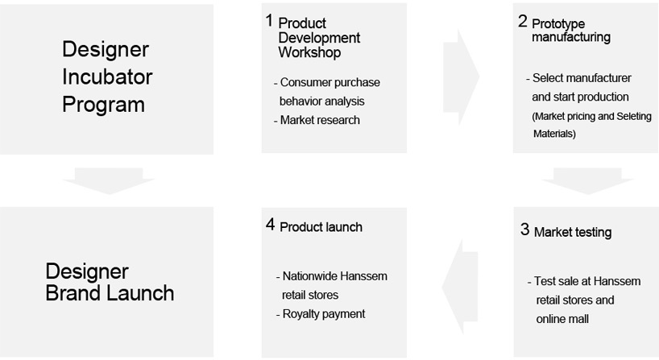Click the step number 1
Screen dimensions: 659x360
click(269, 20)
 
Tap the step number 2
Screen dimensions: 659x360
click(522, 21)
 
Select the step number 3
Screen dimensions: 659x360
click(524, 230)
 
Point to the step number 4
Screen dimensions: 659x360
click(270, 225)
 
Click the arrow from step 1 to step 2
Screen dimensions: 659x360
click(461, 77)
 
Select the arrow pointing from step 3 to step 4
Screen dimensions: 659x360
click(460, 287)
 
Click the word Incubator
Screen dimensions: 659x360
click(107, 77)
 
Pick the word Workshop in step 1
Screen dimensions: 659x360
click(309, 52)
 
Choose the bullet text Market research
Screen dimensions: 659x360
click(320, 120)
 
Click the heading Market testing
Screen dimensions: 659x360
click(573, 232)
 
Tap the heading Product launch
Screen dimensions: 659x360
click(321, 227)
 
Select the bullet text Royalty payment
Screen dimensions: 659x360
click(324, 314)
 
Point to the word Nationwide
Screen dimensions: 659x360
click(309, 276)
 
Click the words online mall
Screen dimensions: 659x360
click(562, 319)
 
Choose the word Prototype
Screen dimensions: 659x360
click(558, 24)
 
